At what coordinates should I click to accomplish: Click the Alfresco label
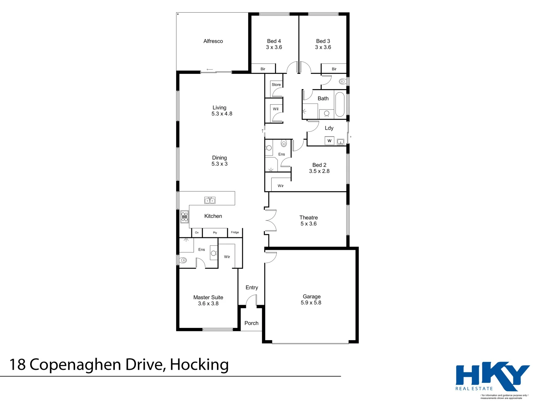coord(213,41)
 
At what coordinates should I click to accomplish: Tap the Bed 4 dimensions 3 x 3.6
coord(274,48)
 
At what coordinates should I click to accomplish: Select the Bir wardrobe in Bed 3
coord(334,69)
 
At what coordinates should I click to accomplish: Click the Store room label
coord(276,85)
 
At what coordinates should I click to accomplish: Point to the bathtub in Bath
coord(340,104)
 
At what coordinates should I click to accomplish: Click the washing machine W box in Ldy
coord(329,141)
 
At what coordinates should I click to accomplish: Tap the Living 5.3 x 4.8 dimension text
coord(222,114)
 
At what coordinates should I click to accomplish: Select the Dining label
coord(219,158)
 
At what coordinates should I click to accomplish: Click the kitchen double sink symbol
coord(210,200)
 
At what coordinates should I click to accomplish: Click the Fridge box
coord(235,232)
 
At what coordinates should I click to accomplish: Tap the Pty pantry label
coord(215,233)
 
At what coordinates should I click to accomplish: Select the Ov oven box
coord(197,233)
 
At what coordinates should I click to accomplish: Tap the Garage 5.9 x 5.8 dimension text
coord(311,303)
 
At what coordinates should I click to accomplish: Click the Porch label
coord(252,323)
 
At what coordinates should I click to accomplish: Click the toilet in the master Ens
coord(183,261)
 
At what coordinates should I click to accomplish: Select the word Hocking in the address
coord(199,365)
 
